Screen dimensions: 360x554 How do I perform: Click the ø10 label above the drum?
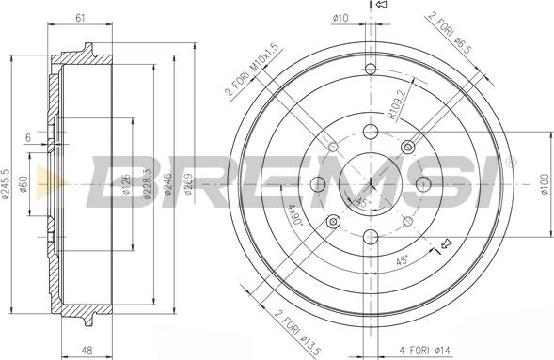(x=340, y=16)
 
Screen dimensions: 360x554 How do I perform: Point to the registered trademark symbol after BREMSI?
(x=510, y=161)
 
